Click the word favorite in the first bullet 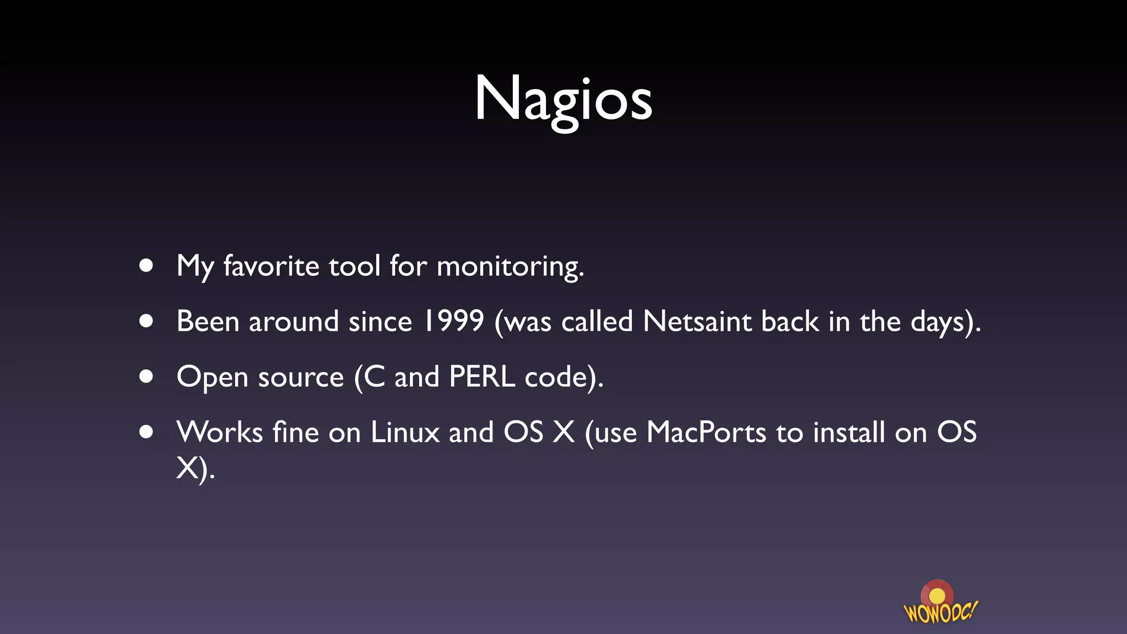click(271, 266)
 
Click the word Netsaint click(697, 321)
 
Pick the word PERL click(482, 377)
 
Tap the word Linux click(404, 433)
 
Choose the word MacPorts click(706, 433)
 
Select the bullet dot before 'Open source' click(146, 377)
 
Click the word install click(849, 433)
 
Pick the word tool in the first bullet click(354, 266)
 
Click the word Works click(219, 433)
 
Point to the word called click(597, 321)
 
